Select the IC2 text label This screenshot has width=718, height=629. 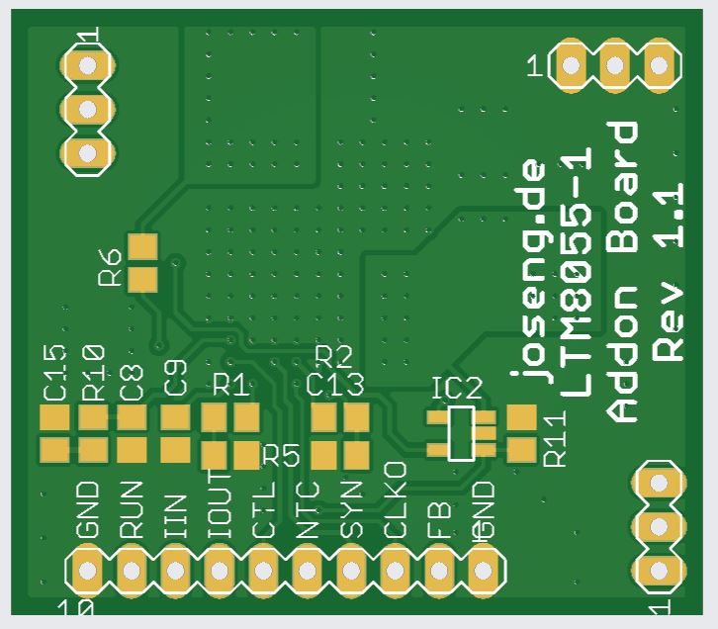click(x=456, y=389)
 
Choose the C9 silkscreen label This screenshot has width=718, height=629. click(x=176, y=379)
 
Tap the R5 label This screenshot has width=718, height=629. click(x=281, y=456)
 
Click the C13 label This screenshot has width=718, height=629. click(x=335, y=384)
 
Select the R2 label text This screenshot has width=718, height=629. click(x=333, y=356)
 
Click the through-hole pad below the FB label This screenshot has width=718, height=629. click(x=438, y=571)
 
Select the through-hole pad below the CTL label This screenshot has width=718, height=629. click(x=262, y=571)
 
